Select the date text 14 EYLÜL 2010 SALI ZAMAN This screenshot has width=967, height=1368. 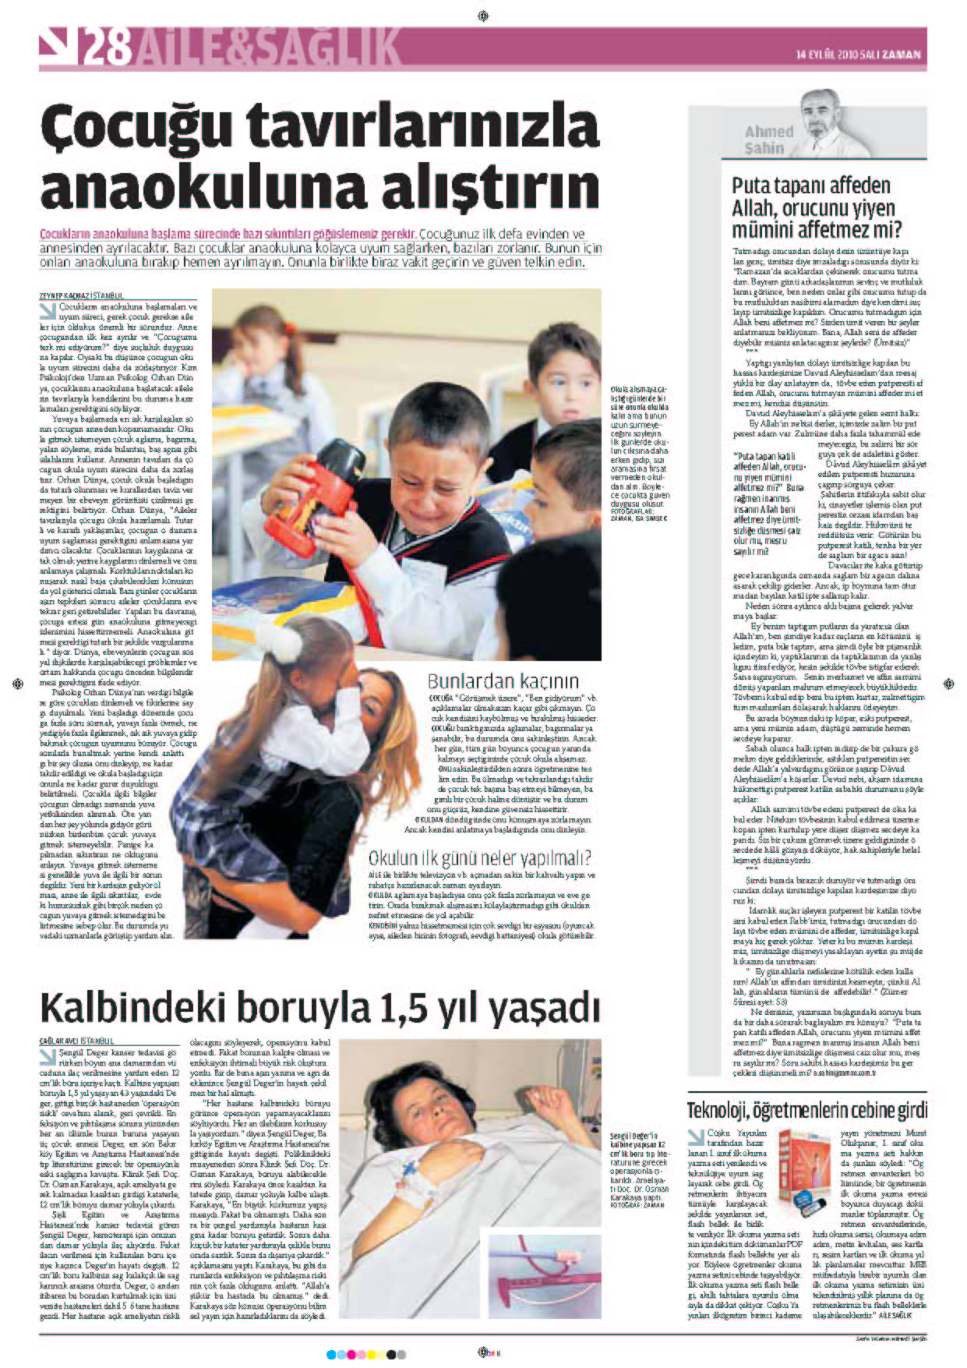click(858, 55)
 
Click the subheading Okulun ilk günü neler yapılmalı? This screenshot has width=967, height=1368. click(479, 858)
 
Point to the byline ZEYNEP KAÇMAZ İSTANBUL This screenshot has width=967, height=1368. click(82, 295)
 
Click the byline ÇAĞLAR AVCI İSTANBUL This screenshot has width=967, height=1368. click(76, 1041)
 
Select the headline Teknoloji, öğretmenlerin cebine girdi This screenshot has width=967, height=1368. click(806, 1110)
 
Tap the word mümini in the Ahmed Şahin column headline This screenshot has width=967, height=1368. click(766, 231)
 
